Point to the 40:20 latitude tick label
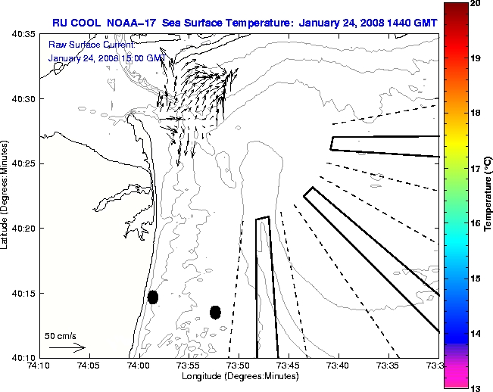tap(20, 229)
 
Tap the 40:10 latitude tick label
tap(20, 357)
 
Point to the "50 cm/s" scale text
tap(60, 335)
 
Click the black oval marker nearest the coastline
tap(153, 297)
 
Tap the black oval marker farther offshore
tap(215, 312)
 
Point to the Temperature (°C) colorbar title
tap(488, 196)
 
